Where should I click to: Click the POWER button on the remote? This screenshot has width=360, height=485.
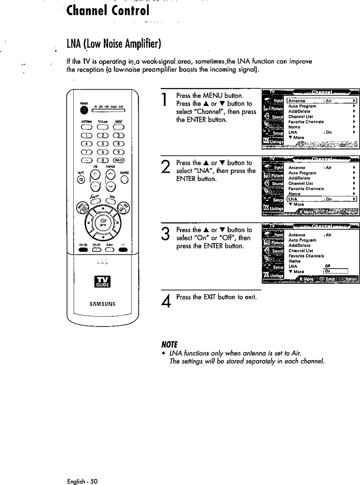pos(83,110)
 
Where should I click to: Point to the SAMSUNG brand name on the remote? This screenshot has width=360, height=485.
pos(103,303)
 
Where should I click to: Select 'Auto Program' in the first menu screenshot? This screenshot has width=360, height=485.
pos(302,106)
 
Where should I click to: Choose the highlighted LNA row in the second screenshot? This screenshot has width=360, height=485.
pos(321,199)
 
